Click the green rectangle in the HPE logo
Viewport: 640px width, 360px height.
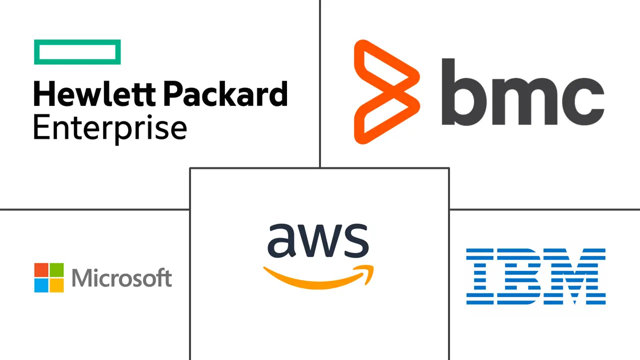(x=77, y=52)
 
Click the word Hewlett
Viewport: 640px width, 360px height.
(x=95, y=93)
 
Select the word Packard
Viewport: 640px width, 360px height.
(x=225, y=93)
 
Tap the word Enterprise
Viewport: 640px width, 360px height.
(x=110, y=128)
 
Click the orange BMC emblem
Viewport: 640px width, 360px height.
(x=387, y=92)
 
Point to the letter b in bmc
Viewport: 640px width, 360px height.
(x=464, y=91)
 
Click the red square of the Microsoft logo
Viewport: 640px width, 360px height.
(x=41, y=270)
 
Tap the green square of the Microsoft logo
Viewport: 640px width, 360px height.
(x=56, y=270)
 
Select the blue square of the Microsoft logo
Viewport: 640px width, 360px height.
(x=41, y=285)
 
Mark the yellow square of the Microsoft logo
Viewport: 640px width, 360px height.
(x=56, y=285)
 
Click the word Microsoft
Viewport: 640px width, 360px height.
(x=122, y=277)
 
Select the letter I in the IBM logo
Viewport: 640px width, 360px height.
(x=480, y=276)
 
